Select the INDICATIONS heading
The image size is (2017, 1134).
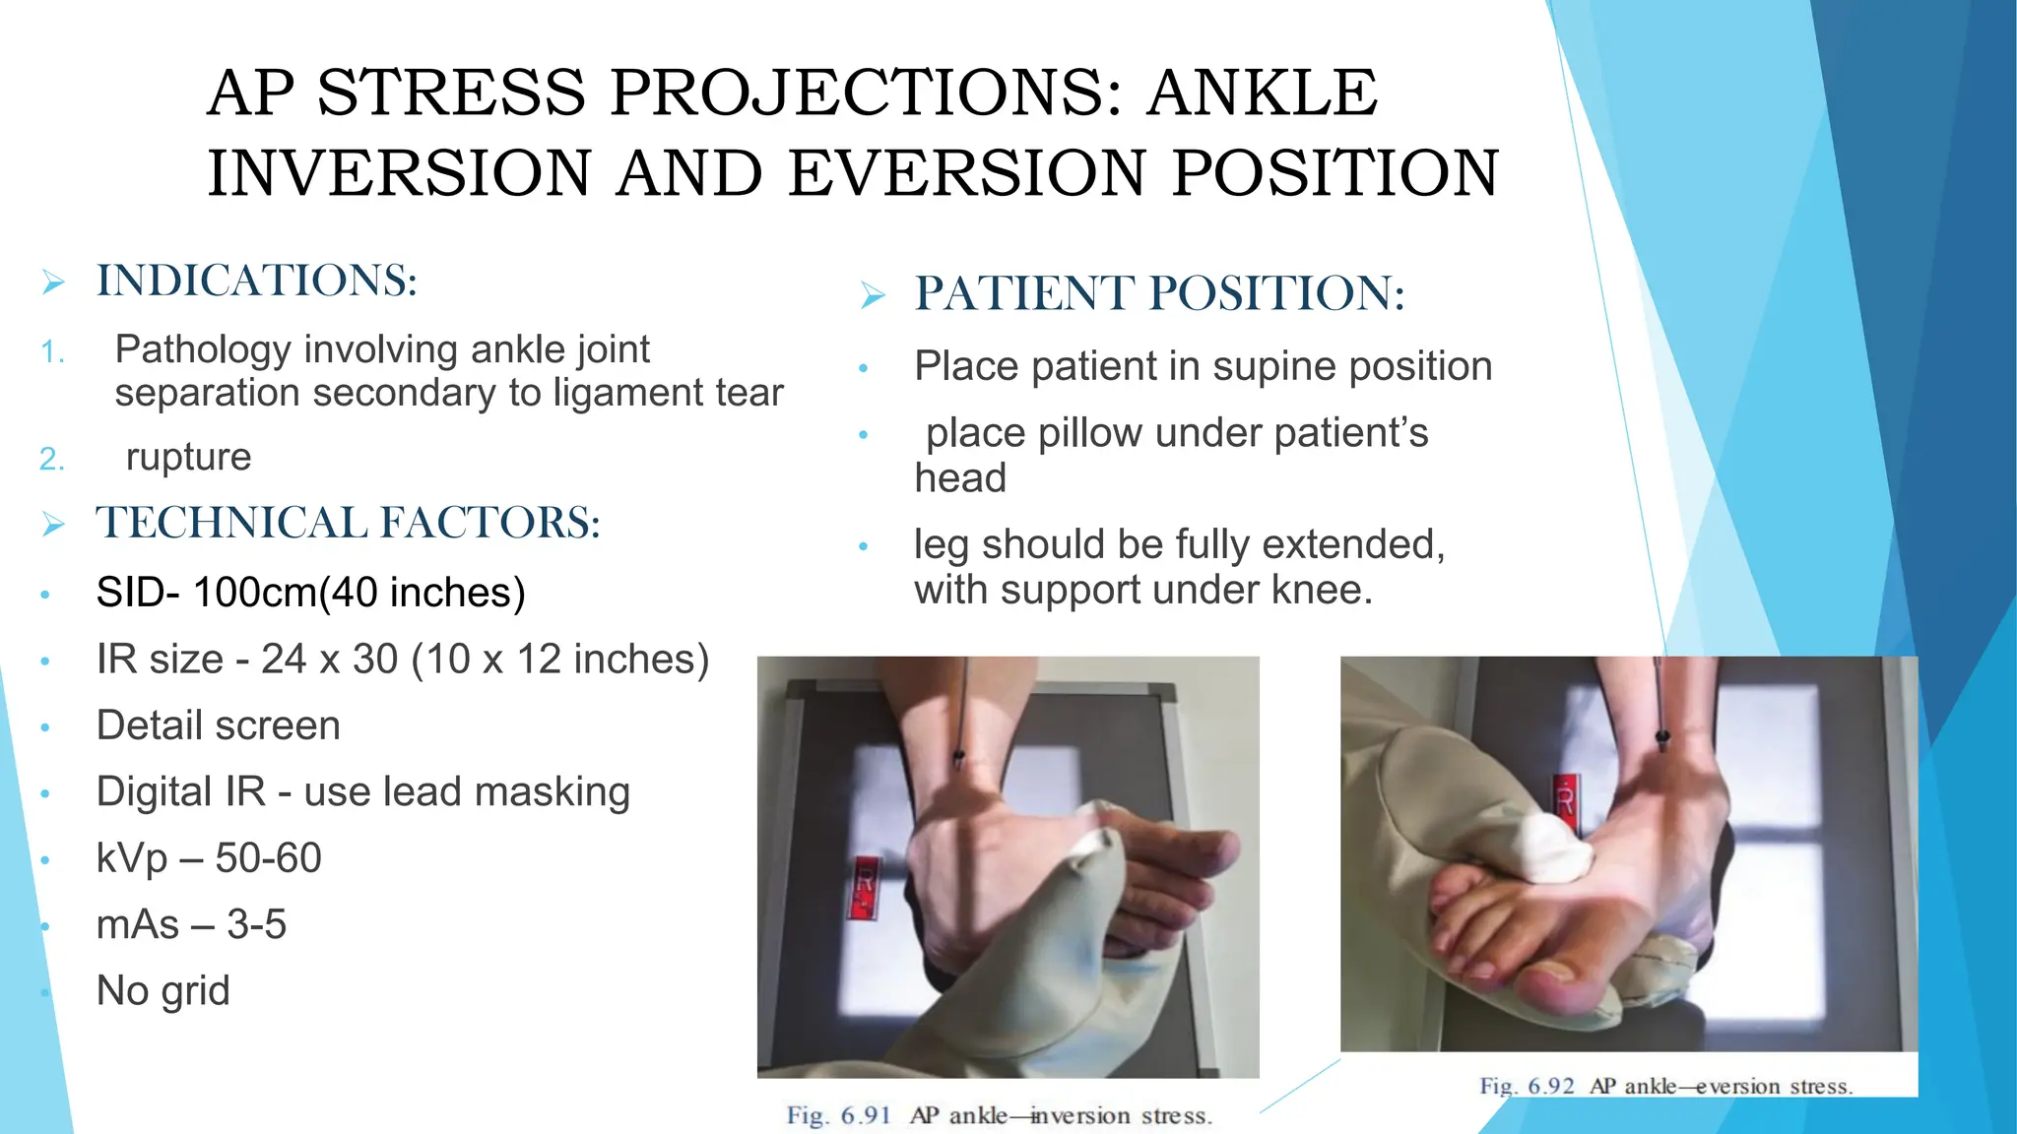pyautogui.click(x=256, y=282)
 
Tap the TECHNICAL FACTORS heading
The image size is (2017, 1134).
pyautogui.click(x=348, y=523)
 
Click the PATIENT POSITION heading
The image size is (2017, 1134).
pyautogui.click(x=1159, y=294)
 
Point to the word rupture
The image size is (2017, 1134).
pyautogui.click(x=188, y=458)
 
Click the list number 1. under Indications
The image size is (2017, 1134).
pyautogui.click(x=53, y=352)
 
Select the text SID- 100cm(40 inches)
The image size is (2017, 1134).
pyautogui.click(x=310, y=593)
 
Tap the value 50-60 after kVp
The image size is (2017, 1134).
pyautogui.click(x=268, y=858)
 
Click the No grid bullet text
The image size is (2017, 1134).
pyautogui.click(x=163, y=991)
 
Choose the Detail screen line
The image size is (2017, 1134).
pyautogui.click(x=218, y=726)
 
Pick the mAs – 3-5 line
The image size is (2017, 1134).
pyautogui.click(x=191, y=925)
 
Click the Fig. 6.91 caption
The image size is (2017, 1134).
pyautogui.click(x=999, y=1116)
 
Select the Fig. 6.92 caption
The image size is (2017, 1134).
pyautogui.click(x=1665, y=1087)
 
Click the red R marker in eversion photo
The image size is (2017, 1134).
pyautogui.click(x=1564, y=797)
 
